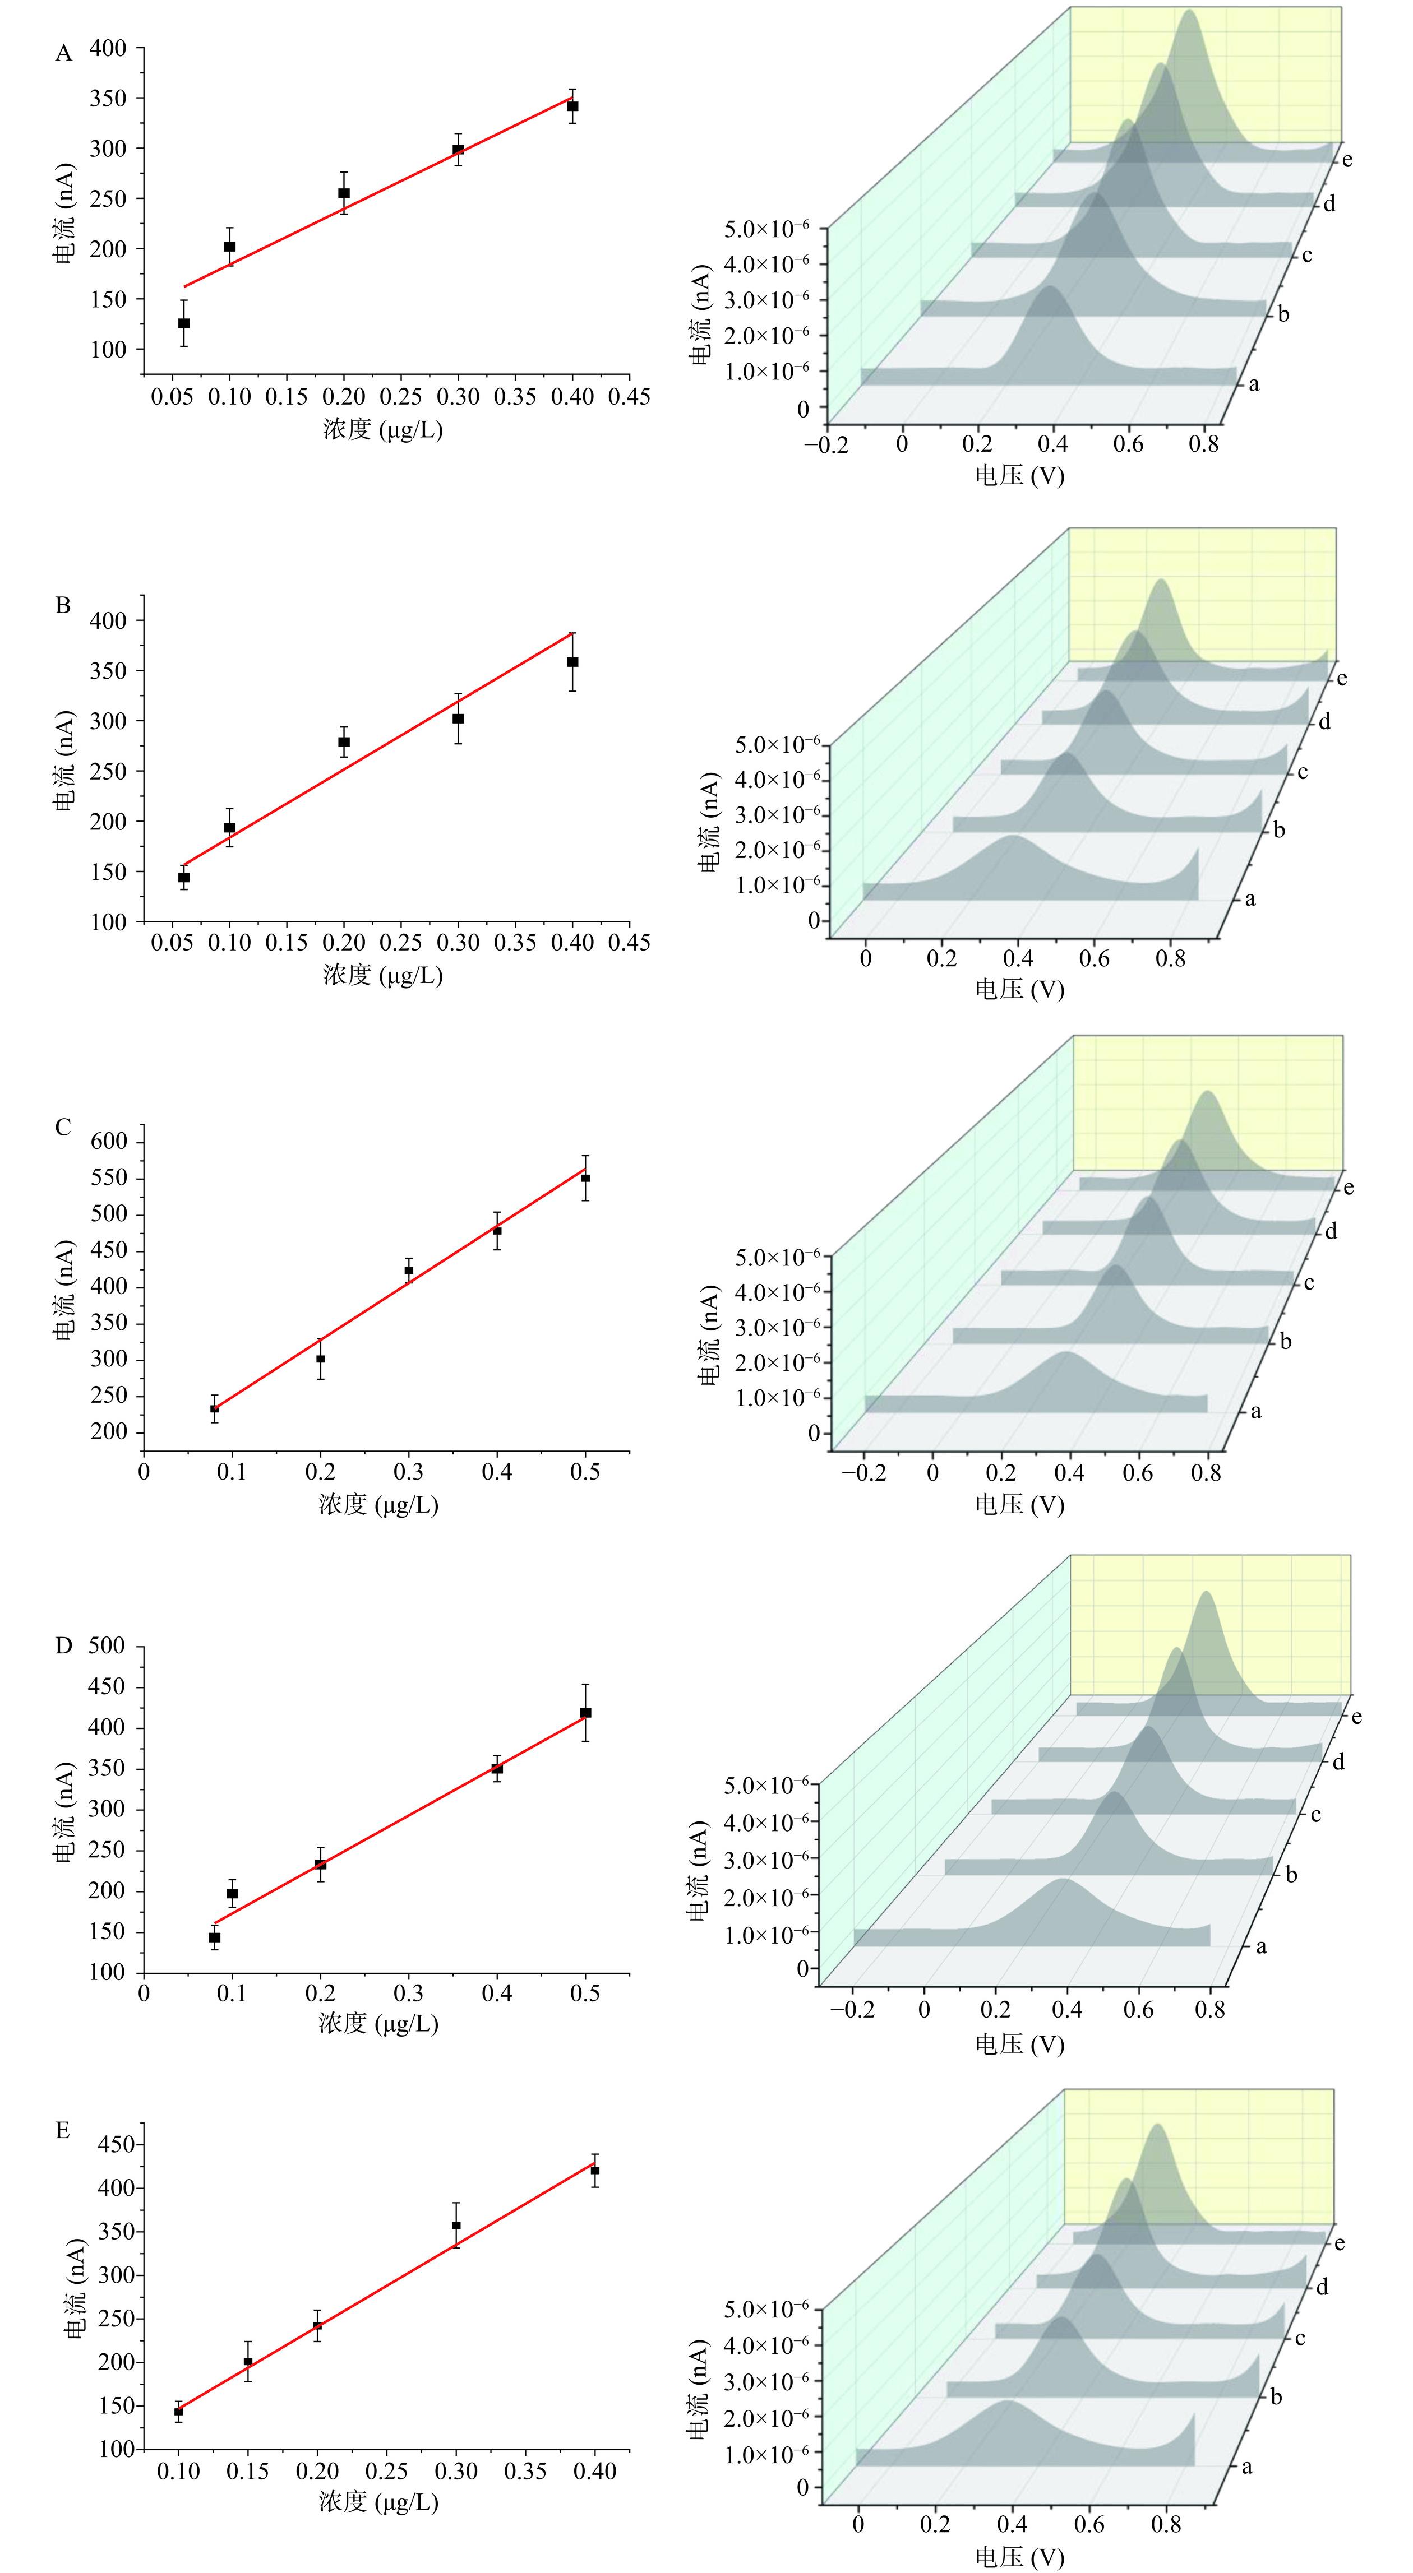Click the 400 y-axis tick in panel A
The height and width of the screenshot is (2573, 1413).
108,48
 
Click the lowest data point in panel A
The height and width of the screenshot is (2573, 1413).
184,323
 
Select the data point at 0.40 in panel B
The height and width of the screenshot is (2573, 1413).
572,662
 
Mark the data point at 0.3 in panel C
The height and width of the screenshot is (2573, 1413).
409,1271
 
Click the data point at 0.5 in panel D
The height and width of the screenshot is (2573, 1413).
585,1713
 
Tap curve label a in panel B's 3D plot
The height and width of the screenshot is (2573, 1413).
1250,899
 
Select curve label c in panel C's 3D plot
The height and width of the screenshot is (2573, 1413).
1309,1282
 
